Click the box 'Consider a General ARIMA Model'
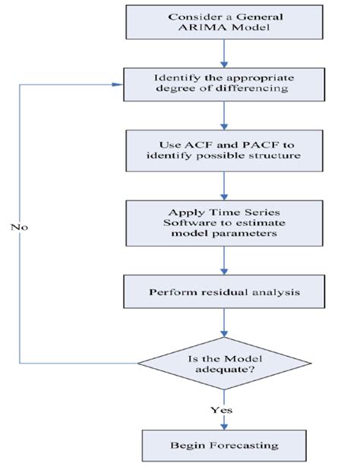click(223, 24)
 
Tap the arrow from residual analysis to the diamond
click(223, 322)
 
